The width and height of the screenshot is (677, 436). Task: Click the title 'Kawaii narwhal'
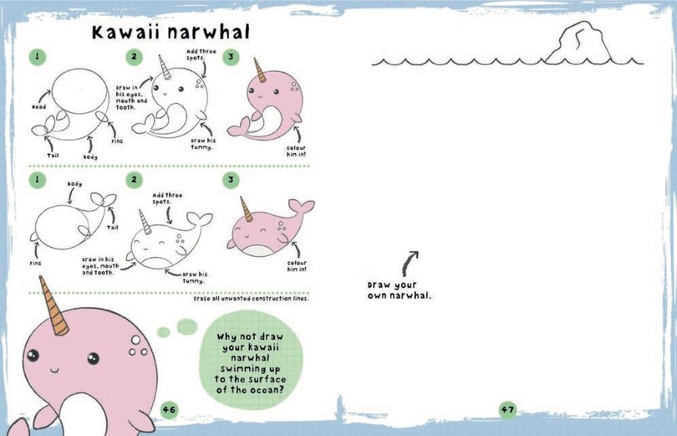[x=171, y=33]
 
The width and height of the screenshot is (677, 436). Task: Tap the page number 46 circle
[x=170, y=409]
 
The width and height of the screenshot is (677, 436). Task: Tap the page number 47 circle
[x=507, y=409]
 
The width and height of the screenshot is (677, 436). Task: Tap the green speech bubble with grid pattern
[x=250, y=364]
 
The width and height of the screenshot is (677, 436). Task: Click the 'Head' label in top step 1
[x=38, y=107]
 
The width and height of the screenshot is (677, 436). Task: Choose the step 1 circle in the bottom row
[x=37, y=179]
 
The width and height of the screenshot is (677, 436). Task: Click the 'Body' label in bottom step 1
[x=74, y=184]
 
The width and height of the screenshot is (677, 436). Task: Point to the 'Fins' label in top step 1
[x=117, y=141]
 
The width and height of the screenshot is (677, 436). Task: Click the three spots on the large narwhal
[x=136, y=346]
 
